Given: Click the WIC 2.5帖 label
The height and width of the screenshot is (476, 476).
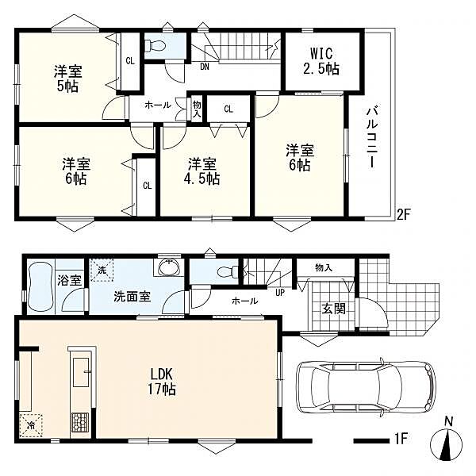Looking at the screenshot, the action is point(321,61).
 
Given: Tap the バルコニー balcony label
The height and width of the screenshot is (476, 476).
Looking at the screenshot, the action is point(372,137).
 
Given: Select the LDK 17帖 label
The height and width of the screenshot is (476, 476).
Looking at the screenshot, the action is point(162,381).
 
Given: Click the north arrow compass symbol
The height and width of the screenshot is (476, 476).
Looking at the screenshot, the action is point(447,444).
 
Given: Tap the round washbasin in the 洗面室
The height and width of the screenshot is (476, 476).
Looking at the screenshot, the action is point(169,267).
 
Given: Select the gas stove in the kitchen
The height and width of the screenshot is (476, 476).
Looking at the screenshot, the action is point(80,423).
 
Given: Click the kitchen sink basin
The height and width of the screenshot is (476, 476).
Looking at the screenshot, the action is point(81,372).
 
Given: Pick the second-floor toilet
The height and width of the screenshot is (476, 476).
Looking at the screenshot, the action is point(155,45).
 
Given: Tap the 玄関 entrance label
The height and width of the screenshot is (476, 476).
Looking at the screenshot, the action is point(333,309).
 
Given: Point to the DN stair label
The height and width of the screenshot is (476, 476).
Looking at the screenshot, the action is point(205,67).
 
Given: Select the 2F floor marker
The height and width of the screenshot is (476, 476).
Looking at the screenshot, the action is point(404,215).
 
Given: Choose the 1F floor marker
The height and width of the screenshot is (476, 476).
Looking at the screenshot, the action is point(400,439).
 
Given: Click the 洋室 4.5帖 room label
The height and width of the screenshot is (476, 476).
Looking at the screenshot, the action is point(202,171).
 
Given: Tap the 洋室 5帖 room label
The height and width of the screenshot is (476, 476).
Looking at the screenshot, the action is point(67,79).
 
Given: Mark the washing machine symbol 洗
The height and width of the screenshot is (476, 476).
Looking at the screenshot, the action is point(102,270).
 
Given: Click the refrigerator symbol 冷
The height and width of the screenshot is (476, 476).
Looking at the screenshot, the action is point(30,425).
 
